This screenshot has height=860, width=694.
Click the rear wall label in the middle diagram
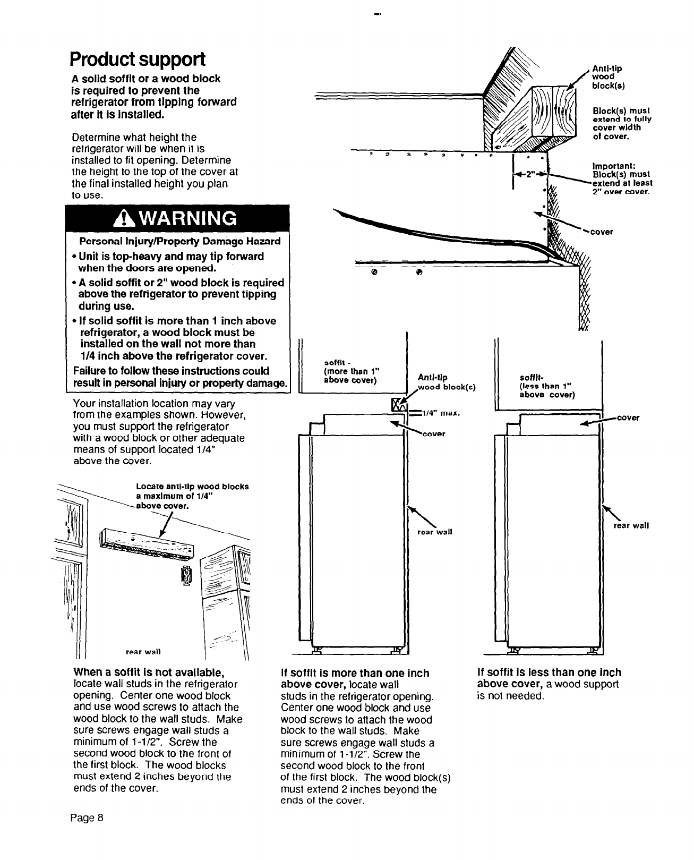[435, 532]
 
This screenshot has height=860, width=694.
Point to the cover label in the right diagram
[628, 418]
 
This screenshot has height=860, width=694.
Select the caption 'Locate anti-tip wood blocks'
[192, 487]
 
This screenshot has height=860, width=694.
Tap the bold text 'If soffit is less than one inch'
[549, 672]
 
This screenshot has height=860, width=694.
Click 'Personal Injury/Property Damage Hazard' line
[180, 242]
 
